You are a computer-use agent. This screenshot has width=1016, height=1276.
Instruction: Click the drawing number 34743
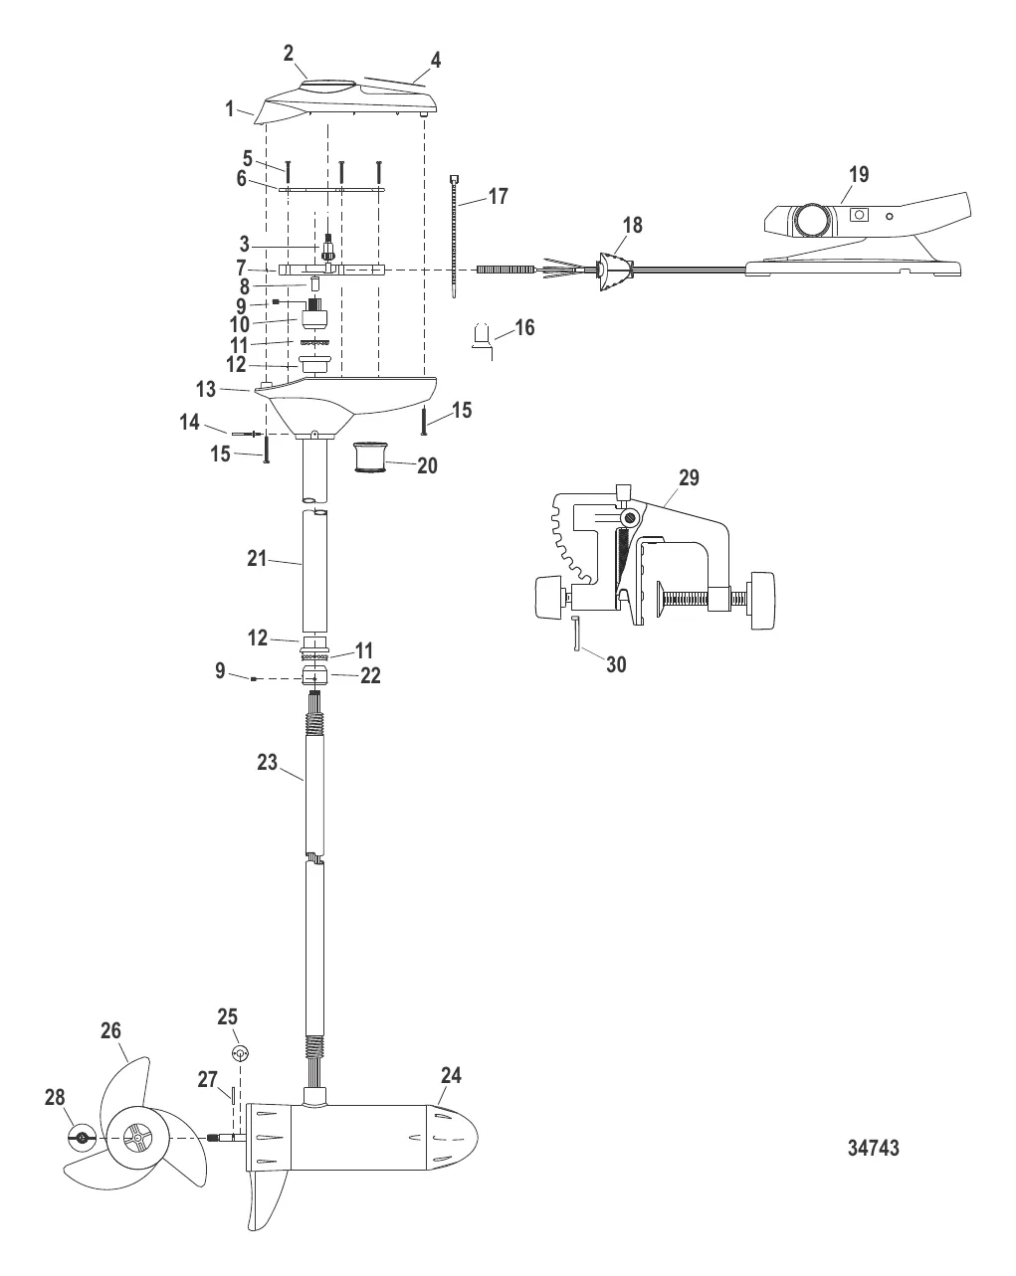coord(873,1148)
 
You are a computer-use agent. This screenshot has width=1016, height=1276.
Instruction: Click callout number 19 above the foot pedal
coord(858,174)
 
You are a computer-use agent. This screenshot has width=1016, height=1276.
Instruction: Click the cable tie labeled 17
coord(456,234)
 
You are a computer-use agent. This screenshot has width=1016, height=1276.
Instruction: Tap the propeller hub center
coord(133,1137)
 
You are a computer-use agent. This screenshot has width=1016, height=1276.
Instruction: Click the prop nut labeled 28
coord(82,1137)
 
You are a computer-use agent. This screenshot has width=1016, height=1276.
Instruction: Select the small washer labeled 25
coord(239,1053)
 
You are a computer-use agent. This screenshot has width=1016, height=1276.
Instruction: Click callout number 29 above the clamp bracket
coord(689,478)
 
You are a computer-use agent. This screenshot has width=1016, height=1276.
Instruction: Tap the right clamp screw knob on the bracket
coord(763,600)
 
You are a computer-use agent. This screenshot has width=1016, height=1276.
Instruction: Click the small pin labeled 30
coord(576,633)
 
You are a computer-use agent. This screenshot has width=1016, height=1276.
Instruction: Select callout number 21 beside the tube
coord(258,559)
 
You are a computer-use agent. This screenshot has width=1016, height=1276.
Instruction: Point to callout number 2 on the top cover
coord(289,54)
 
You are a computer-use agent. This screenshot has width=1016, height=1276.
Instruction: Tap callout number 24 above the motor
coord(451,1075)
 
